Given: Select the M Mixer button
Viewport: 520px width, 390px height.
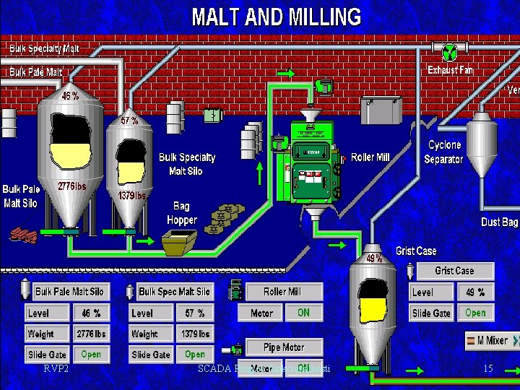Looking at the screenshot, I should pos(490,340).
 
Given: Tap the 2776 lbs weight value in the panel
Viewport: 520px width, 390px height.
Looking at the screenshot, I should pos(91,334).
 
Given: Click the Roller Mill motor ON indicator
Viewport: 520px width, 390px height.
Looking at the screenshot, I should pos(303,313).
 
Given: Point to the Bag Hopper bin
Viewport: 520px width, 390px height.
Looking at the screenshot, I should pos(179,243).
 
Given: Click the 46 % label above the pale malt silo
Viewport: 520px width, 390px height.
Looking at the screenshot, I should pos(70,96).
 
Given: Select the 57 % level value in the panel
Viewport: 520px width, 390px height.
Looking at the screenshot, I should pos(194,313).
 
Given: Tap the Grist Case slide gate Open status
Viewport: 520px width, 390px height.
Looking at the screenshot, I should pos(474,313).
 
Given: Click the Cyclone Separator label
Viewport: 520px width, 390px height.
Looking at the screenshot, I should pos(443,152).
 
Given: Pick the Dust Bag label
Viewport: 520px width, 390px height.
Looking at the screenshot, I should pos(500,222).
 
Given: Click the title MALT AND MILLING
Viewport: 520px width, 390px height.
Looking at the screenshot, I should pos(276,16).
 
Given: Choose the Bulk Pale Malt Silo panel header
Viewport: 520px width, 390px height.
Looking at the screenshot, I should pos(69,292).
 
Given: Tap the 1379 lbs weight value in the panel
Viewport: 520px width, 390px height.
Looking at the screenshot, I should pos(194,334).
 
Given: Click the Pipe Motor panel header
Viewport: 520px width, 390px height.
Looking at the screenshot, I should pos(283,347).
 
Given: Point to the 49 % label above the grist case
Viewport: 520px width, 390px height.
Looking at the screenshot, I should pos(373,258).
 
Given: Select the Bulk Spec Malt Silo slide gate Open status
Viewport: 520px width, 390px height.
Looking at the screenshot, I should pos(194,355).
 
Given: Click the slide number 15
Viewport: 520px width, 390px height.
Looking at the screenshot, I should pos(487,369).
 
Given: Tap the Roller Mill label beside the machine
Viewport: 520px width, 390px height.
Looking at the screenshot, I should pos(370,157).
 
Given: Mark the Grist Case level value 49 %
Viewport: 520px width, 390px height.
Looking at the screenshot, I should pos(474,292).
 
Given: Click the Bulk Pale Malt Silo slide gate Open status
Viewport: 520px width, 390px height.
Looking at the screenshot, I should pos(91,355).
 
